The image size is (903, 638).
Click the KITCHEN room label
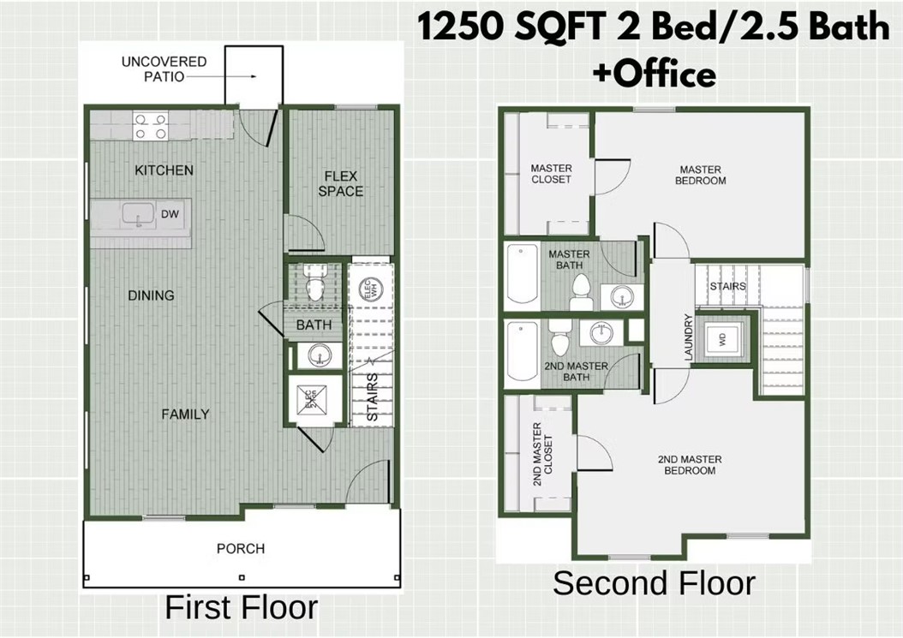click(164, 170)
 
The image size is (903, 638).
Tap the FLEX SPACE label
click(341, 184)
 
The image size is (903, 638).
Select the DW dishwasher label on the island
click(170, 214)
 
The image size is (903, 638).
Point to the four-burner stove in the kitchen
click(150, 127)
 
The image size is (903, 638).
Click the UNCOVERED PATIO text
click(164, 69)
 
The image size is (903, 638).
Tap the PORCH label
click(241, 548)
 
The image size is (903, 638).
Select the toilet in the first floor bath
click(314, 286)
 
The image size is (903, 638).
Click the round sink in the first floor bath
click(319, 354)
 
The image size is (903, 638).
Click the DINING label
click(151, 295)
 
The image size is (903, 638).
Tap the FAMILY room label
click(186, 414)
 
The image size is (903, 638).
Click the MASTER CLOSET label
click(551, 174)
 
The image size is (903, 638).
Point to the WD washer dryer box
click(722, 339)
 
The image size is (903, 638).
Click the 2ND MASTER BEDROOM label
click(690, 465)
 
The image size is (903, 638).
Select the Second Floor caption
click(654, 583)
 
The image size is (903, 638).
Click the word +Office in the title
click(654, 75)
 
